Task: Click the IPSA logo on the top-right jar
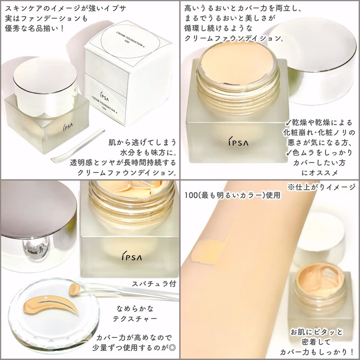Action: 238,142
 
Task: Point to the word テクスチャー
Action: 135,319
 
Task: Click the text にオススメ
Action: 319,173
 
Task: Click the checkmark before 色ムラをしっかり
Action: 289,153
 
